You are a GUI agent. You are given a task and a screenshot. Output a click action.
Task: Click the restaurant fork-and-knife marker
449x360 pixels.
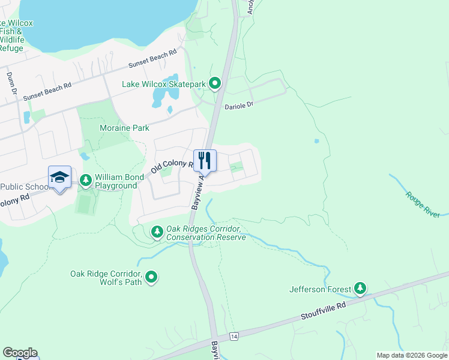[204, 161]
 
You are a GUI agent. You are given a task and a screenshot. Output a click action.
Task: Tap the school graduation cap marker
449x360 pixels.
[59, 177]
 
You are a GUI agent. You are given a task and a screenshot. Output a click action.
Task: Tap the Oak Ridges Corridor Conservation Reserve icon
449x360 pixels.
[157, 232]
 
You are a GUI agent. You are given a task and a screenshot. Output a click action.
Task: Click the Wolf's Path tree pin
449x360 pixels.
[152, 277]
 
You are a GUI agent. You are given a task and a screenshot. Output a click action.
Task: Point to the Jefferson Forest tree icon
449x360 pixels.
[360, 289]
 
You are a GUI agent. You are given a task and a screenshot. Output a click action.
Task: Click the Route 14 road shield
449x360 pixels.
[234, 338]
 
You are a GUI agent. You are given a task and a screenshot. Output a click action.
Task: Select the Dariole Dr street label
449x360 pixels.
[239, 105]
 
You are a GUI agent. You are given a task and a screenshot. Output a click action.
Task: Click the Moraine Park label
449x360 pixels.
[125, 128]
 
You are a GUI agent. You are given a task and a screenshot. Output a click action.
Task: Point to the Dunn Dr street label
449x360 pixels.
[10, 83]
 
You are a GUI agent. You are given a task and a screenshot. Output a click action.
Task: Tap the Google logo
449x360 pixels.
[20, 353]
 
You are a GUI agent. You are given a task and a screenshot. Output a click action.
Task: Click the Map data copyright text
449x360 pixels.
[411, 355]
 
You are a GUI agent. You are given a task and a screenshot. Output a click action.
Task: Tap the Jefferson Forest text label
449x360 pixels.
[320, 289]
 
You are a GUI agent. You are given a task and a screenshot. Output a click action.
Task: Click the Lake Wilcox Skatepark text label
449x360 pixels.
[164, 84]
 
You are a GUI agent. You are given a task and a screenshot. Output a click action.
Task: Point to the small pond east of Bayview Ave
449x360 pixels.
[316, 142]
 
